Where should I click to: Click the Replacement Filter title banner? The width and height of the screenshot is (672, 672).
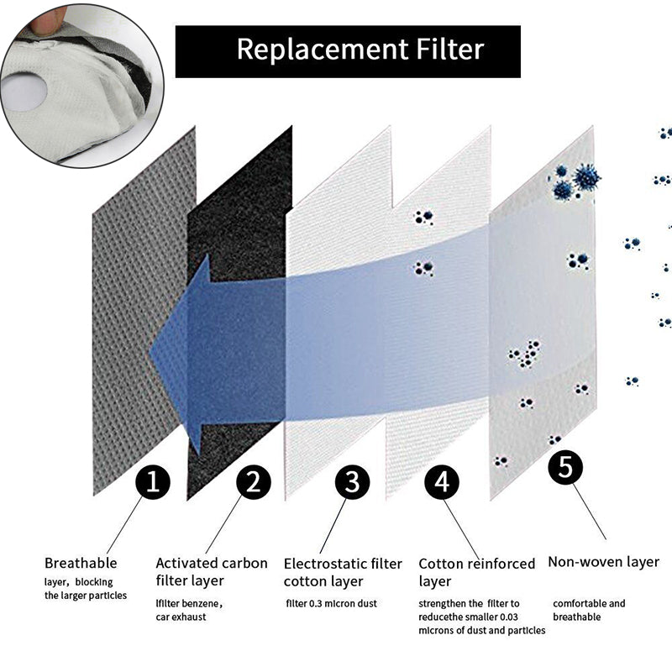(x=347, y=50)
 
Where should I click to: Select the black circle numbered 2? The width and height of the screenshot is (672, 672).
(x=253, y=482)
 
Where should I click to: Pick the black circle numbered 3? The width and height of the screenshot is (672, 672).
(x=352, y=482)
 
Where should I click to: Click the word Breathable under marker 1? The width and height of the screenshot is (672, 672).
(x=81, y=563)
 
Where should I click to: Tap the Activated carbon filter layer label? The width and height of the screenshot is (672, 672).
(x=212, y=571)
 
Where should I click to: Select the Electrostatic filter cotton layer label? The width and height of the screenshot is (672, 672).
(x=343, y=571)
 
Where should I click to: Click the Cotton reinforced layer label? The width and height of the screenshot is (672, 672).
(x=476, y=572)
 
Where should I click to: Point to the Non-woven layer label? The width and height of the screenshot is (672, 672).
(x=603, y=562)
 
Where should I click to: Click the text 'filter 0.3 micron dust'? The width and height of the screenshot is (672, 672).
(x=331, y=603)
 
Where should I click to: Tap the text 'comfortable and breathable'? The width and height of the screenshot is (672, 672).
(x=588, y=610)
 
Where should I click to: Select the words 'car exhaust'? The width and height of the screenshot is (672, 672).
(x=181, y=617)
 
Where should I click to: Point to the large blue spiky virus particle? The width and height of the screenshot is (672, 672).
(x=585, y=177)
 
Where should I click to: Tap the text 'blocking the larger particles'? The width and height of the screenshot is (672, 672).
(x=86, y=588)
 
